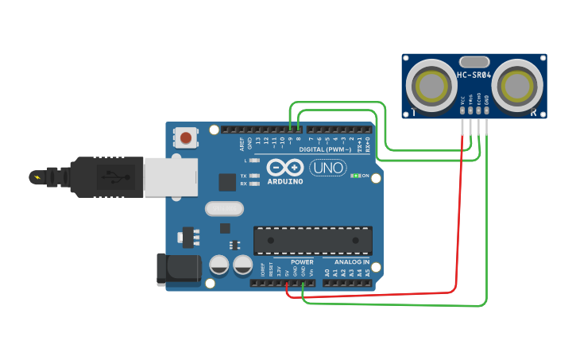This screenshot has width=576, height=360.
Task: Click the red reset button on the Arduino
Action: pos(186,137)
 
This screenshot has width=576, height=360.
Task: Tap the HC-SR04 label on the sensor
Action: pos(474,75)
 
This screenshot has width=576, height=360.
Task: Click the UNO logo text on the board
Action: pos(327,168)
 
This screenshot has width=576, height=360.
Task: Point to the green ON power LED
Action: pos(356,176)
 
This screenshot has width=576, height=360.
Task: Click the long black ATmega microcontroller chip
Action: pos(313,241)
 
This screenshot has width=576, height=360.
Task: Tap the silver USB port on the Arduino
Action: pos(170,176)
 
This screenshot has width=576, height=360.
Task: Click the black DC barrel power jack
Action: pos(178,269)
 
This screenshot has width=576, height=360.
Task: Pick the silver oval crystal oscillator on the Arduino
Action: pos(223,209)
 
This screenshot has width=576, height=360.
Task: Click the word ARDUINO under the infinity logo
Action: pos(285,181)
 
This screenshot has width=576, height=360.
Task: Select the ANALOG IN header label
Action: pos(350,262)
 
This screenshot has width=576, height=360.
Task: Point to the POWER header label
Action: pos(302,262)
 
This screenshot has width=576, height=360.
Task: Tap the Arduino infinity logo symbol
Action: pos(285,168)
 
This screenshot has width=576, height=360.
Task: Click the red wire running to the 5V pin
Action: pos(373,294)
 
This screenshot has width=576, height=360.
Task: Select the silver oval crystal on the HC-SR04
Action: pos(474,61)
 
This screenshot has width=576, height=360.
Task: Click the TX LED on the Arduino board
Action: pos(253,176)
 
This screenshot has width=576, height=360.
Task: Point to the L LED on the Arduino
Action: pos(253,160)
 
